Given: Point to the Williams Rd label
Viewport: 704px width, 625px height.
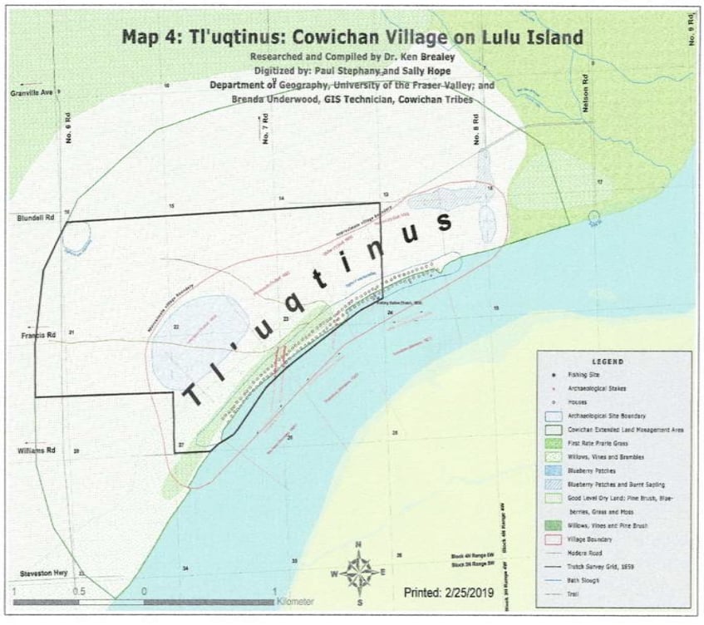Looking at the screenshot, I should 36,450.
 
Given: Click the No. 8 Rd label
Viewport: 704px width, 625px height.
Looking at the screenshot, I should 477,130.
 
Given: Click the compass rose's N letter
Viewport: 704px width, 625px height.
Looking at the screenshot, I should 358,546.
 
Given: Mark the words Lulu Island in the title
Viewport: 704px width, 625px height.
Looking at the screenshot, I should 537,37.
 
